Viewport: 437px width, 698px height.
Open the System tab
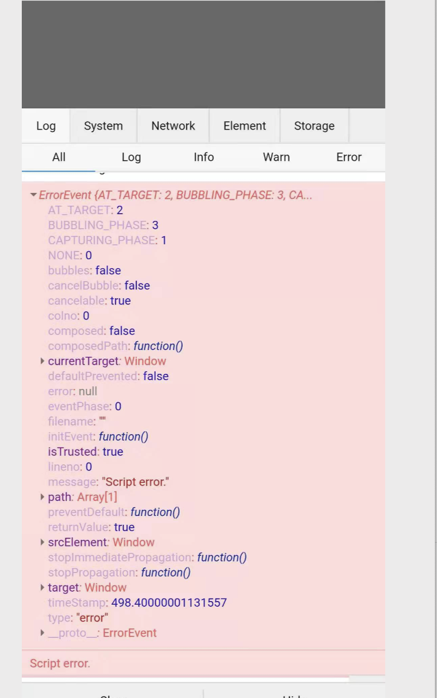click(103, 126)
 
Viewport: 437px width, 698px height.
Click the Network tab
click(173, 126)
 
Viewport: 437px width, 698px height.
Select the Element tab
click(244, 126)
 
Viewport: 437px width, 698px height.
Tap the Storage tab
click(314, 126)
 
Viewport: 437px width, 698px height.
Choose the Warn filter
click(276, 157)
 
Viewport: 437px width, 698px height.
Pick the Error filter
click(349, 157)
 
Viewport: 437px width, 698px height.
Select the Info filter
click(203, 157)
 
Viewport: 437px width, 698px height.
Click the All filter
click(59, 157)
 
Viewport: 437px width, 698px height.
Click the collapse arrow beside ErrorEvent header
click(34, 196)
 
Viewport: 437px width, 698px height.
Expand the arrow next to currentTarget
click(43, 361)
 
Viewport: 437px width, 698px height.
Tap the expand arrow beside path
click(43, 497)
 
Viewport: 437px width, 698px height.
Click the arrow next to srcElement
click(43, 542)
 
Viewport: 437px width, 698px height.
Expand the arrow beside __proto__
click(43, 633)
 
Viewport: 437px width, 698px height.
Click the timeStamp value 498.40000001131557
click(169, 603)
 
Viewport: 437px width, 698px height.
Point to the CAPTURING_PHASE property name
click(102, 240)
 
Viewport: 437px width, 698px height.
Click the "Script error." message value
click(135, 482)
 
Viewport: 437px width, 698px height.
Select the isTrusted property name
click(72, 452)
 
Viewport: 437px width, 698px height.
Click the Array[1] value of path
click(97, 497)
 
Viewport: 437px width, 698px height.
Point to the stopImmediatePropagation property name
click(119, 557)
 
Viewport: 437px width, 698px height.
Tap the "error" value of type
click(92, 618)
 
